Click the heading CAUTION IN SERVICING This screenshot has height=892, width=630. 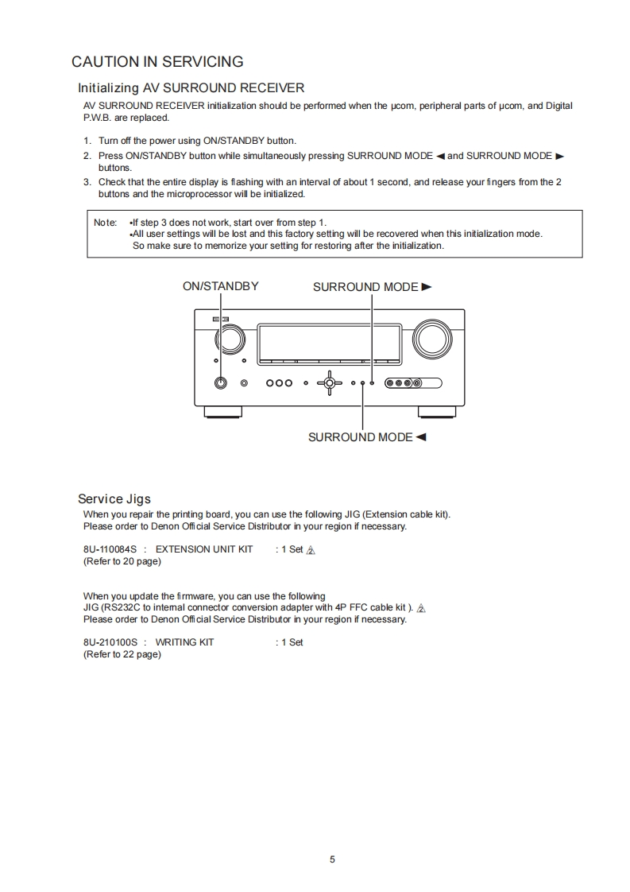pyautogui.click(x=157, y=61)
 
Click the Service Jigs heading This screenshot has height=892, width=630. pyautogui.click(x=114, y=498)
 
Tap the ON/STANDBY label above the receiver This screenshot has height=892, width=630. pyautogui.click(x=220, y=286)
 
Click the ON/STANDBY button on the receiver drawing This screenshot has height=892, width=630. pyautogui.click(x=221, y=382)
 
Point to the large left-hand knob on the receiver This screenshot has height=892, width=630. pyautogui.click(x=230, y=339)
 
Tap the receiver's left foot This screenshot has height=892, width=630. pyautogui.click(x=222, y=411)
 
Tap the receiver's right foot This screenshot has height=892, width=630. pyautogui.click(x=438, y=411)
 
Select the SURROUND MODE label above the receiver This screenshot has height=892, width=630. pyautogui.click(x=372, y=287)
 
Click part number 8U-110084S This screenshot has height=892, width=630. pyautogui.click(x=110, y=549)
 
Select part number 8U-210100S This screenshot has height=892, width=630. pyautogui.click(x=110, y=642)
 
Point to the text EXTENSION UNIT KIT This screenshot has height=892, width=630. pyautogui.click(x=204, y=549)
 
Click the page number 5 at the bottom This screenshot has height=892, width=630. pyautogui.click(x=332, y=859)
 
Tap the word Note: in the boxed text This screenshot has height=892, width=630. pyautogui.click(x=105, y=223)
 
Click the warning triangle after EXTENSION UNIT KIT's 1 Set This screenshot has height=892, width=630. pyautogui.click(x=311, y=550)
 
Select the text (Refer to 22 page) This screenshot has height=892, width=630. pyautogui.click(x=122, y=654)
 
